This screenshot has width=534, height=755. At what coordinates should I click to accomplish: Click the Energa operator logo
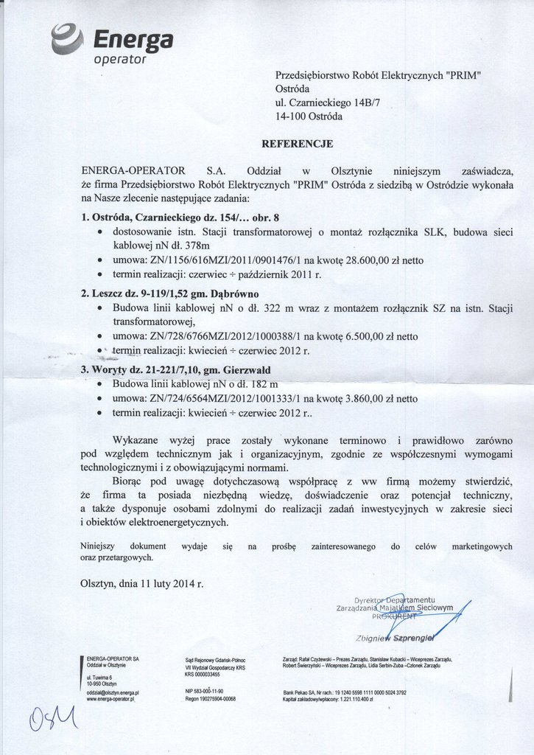click(x=111, y=44)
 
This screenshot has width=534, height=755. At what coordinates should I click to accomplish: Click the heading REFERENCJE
click(x=298, y=143)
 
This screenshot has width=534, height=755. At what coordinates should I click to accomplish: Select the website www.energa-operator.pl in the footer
click(x=111, y=699)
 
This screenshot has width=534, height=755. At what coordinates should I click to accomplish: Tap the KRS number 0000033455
click(x=208, y=674)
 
